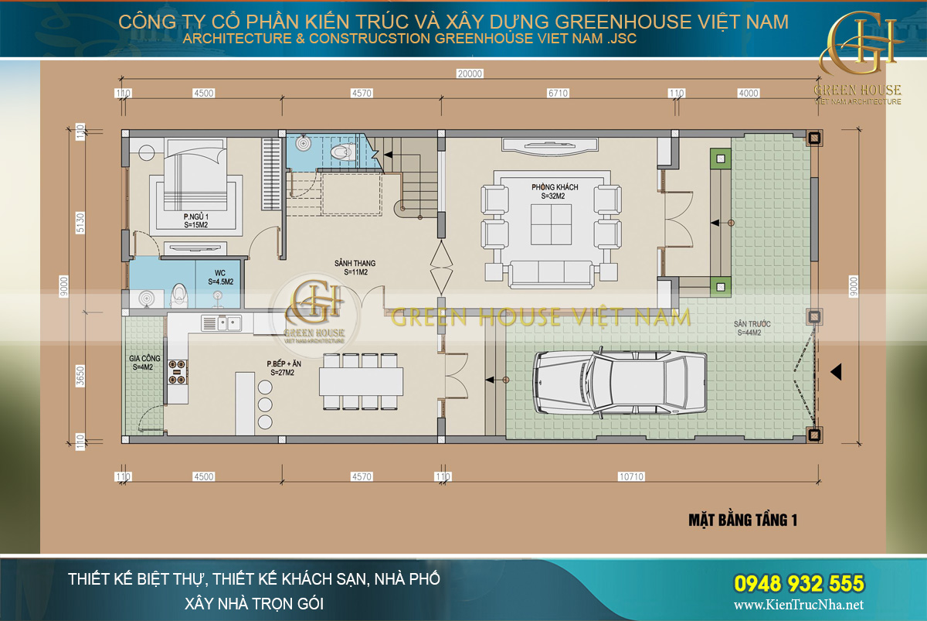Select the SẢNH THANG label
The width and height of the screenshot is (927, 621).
(351, 267)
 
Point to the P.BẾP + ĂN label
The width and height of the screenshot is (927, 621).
(284, 367)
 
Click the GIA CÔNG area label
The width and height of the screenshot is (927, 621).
(144, 363)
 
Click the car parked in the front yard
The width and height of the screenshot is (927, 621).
(620, 382)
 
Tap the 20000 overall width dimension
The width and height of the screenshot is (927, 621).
(469, 74)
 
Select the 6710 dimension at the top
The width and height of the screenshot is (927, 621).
(558, 94)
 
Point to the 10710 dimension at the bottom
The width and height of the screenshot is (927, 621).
(631, 477)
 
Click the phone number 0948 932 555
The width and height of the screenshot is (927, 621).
(797, 583)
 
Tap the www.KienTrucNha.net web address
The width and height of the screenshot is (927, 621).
(798, 605)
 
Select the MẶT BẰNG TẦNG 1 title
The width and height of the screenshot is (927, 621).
(742, 520)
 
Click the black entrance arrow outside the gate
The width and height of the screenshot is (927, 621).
(835, 373)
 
